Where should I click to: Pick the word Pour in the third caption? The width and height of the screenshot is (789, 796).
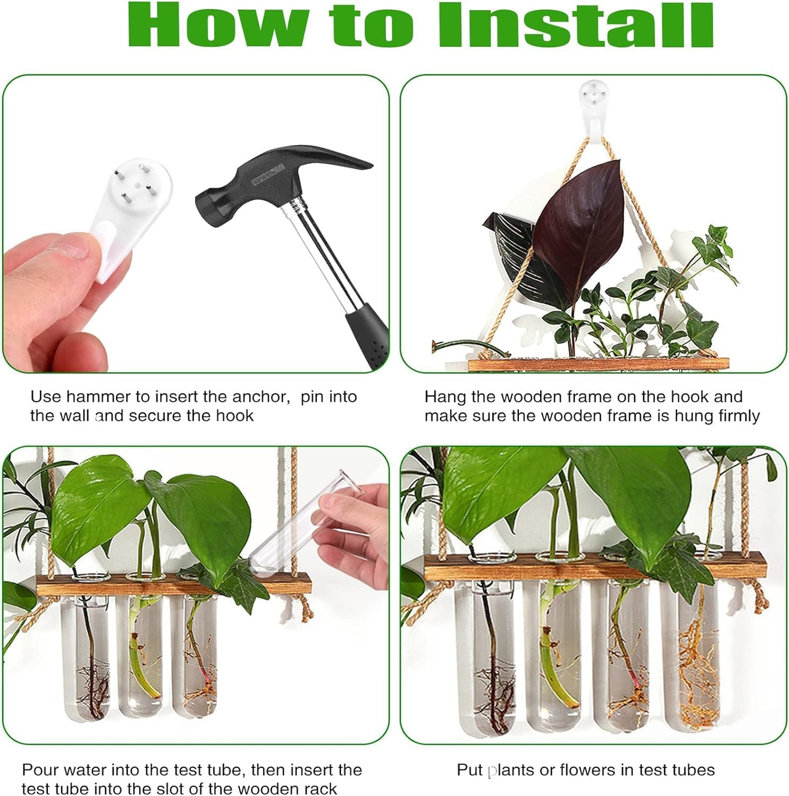(38, 770)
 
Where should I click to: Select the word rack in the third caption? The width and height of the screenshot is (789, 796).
(320, 789)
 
